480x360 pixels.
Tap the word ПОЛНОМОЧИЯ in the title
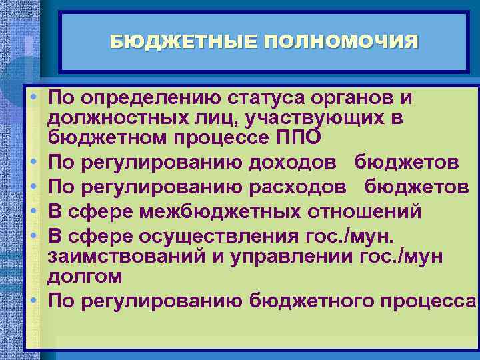341,43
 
